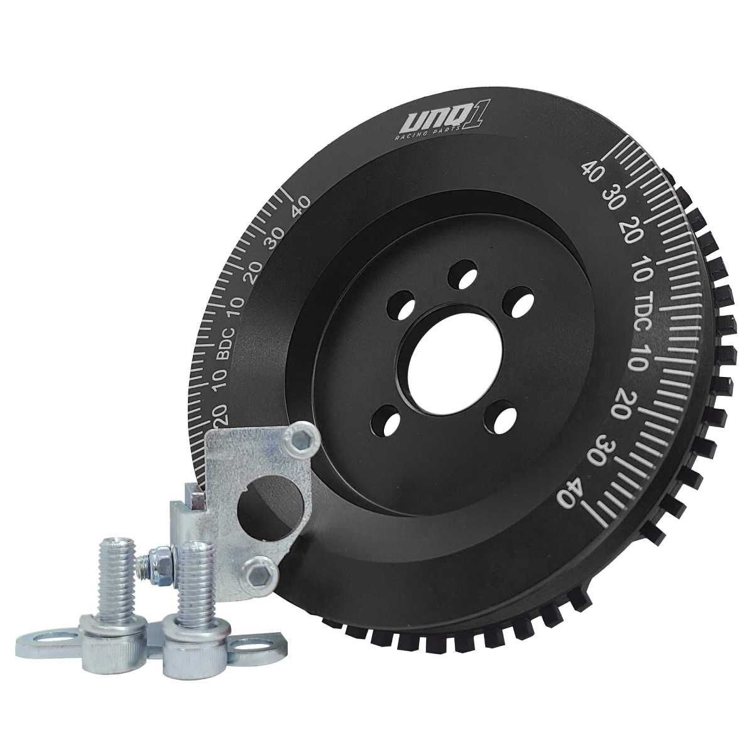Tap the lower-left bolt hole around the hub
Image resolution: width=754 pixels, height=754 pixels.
[x=385, y=422]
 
